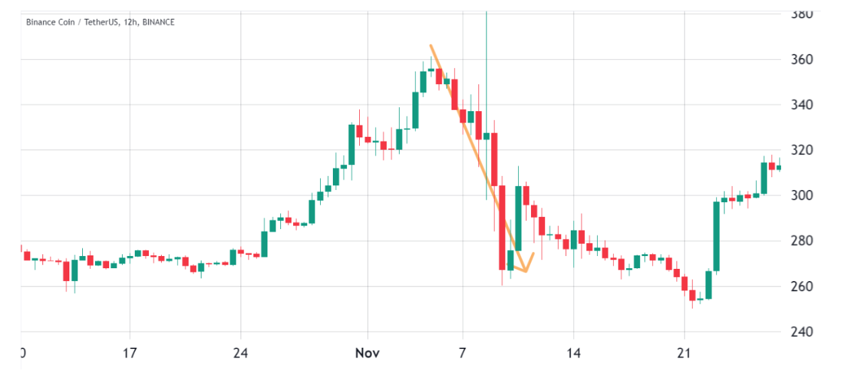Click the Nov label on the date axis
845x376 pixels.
coord(368,353)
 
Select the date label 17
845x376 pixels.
coord(130,353)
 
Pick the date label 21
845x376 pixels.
coord(684,353)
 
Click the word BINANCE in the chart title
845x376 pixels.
coord(157,22)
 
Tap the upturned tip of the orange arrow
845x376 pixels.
coord(534,254)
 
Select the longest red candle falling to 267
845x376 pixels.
coord(502,227)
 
